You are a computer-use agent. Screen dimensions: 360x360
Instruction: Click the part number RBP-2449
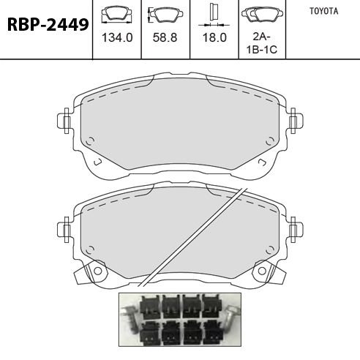tap(48, 25)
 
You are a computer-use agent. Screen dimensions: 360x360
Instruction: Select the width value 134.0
tap(117, 38)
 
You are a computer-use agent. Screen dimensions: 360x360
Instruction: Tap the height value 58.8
tap(165, 37)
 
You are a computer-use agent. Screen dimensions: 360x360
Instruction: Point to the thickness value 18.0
tap(214, 37)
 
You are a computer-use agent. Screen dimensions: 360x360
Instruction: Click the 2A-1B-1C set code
tap(262, 43)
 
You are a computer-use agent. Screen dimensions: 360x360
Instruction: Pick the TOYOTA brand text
tap(324, 11)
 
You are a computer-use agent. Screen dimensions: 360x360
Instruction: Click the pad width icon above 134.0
tap(117, 15)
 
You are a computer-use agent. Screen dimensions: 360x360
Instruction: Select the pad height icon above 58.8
tap(165, 15)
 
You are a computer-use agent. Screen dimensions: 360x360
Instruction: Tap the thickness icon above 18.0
tap(214, 15)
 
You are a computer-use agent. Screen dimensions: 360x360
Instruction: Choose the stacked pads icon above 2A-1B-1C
tap(262, 14)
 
